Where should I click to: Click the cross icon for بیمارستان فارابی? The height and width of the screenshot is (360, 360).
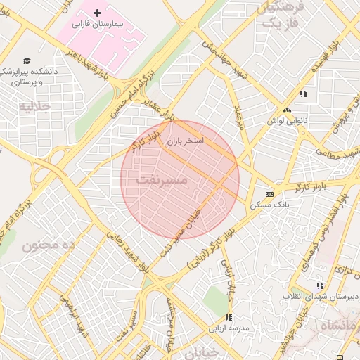pos(97,14)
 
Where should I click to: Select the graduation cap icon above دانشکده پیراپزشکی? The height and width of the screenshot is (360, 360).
pos(27,61)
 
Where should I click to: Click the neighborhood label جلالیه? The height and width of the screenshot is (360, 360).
pos(35,106)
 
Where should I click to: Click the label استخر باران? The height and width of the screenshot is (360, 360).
pos(185,141)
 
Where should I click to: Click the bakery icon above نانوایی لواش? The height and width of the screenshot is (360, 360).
pos(286,110)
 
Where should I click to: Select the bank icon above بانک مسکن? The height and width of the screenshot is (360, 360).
pos(269,194)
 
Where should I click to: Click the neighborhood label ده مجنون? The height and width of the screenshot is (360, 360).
pos(49,245)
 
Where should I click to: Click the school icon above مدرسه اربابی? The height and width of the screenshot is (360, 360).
pos(228,318)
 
